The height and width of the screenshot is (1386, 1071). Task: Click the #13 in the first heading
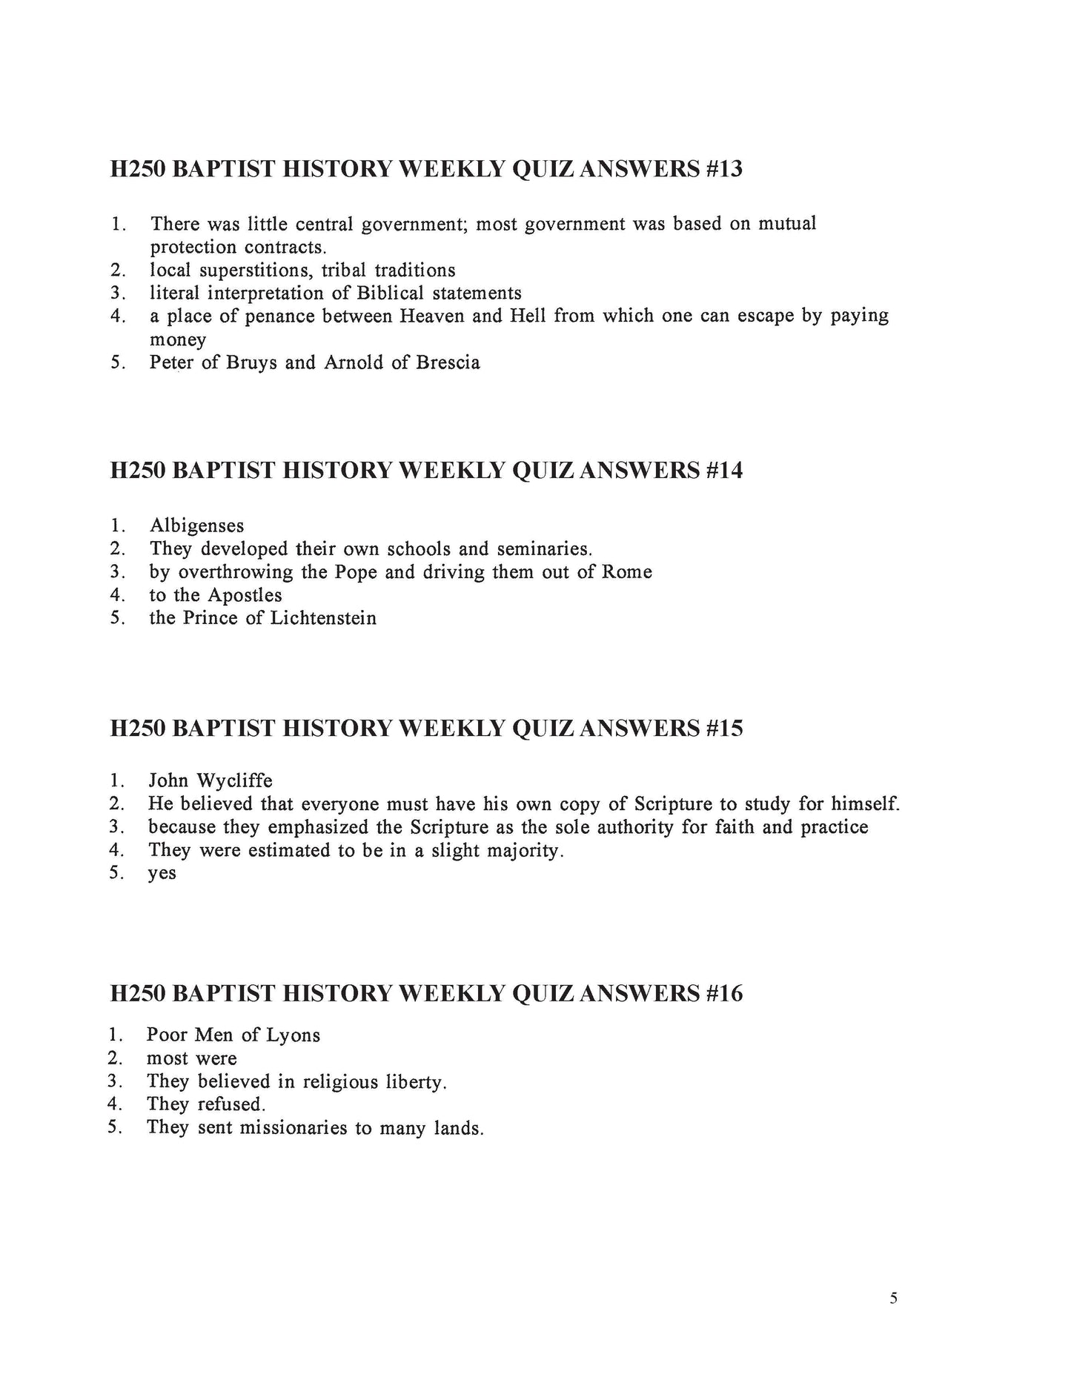(720, 170)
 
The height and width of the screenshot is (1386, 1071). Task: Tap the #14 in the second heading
(720, 471)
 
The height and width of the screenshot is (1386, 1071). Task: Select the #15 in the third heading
(720, 729)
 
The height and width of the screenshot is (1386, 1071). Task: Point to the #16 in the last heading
(720, 993)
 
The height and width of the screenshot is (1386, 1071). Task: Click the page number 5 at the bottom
(893, 1298)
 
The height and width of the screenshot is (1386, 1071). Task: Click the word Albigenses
(196, 526)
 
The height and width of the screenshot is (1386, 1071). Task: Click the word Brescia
(448, 363)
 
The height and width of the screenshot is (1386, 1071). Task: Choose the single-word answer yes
(162, 874)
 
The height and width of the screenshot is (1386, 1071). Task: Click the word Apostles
(245, 595)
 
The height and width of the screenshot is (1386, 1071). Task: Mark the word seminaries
(545, 549)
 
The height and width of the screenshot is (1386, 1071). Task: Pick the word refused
(231, 1104)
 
